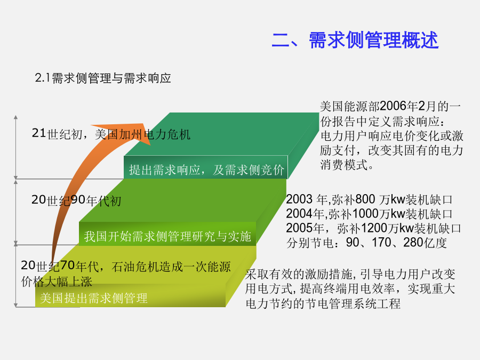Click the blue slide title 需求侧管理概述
(374, 40)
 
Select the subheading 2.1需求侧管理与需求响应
(103, 78)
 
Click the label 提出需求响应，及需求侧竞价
(206, 170)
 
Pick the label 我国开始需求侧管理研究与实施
(167, 236)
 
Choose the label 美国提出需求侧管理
(94, 298)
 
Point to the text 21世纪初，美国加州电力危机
(111, 134)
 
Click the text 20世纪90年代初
(76, 201)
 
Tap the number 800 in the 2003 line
(365, 199)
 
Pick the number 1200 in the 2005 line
(374, 228)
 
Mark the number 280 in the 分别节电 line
(413, 243)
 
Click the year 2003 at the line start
(299, 199)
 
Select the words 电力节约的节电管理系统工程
(323, 303)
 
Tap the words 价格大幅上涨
(57, 282)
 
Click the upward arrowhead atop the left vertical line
(15, 117)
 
